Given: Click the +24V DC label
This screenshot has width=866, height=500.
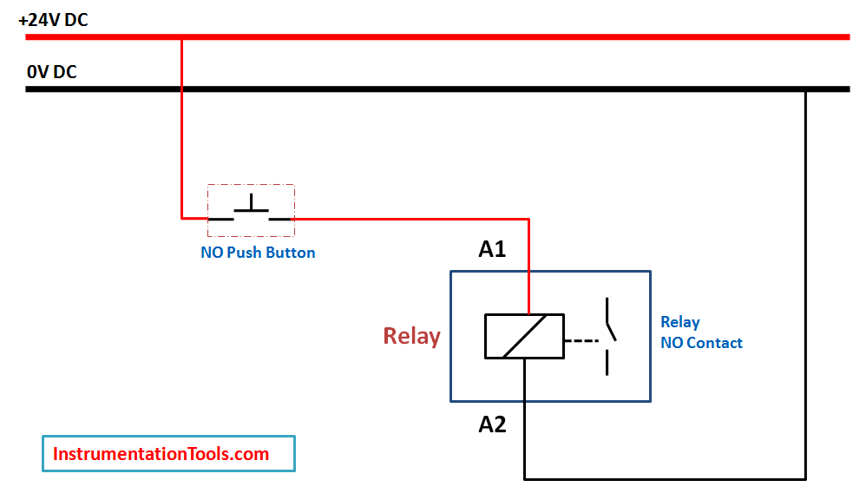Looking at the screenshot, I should (x=53, y=19).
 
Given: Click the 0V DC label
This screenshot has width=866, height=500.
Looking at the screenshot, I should (x=52, y=72).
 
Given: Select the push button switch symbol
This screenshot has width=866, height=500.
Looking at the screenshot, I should (x=251, y=211).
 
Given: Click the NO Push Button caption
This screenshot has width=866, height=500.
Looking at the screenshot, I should (x=258, y=253).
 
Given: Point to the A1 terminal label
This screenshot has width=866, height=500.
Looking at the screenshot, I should (x=492, y=250).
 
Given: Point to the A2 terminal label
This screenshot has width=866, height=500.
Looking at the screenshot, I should (x=492, y=424).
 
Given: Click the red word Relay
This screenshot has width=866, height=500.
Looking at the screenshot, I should (x=412, y=336).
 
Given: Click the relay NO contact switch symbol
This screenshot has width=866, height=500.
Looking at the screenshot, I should (x=609, y=336).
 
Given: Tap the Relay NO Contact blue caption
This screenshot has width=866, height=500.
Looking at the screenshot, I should (x=701, y=332).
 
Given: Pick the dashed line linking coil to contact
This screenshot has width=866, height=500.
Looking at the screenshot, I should (x=582, y=339).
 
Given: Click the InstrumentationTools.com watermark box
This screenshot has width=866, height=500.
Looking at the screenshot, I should (x=168, y=454).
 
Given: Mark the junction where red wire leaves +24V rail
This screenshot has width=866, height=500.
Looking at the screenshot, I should (x=181, y=37).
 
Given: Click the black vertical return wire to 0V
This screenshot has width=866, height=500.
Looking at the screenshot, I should (x=806, y=286).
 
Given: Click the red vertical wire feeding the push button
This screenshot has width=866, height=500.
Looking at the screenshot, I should (x=181, y=130).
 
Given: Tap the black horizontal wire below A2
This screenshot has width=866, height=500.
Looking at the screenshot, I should (x=664, y=478).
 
